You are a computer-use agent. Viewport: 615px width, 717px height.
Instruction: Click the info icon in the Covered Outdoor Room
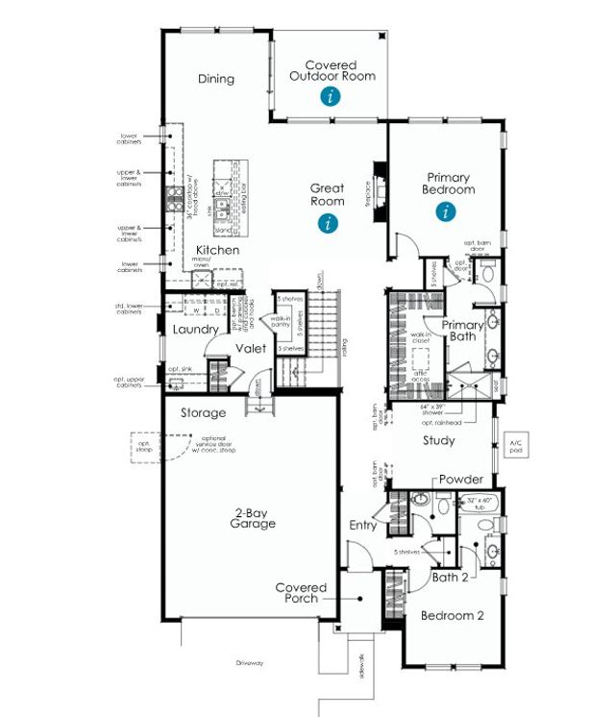point(331,96)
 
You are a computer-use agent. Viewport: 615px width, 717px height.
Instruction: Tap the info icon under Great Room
point(329,224)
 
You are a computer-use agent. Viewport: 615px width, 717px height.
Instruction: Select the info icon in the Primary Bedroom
point(445,212)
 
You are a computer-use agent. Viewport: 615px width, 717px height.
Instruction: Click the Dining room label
point(216,79)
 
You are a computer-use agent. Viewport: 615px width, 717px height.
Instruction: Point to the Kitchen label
point(218,250)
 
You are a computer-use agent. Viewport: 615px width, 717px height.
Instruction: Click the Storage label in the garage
point(204,413)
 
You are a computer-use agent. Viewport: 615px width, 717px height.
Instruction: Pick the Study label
point(439,441)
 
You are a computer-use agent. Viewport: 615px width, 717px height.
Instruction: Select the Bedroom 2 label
point(452,616)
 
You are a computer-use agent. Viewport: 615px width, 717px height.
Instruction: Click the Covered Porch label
point(302,592)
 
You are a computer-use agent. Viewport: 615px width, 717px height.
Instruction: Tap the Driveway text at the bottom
point(253,663)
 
